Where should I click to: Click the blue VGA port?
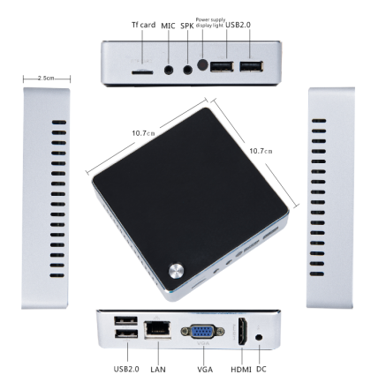click(x=202, y=332)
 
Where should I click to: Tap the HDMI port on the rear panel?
click(x=242, y=332)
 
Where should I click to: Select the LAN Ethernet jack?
click(x=157, y=330)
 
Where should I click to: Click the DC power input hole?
click(x=259, y=337)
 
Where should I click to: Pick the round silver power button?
click(x=176, y=271)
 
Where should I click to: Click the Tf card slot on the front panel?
click(x=142, y=71)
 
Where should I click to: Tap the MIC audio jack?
click(x=169, y=70)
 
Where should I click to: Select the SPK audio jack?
click(x=187, y=70)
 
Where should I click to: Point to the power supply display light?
click(x=202, y=64)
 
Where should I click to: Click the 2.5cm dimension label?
click(x=46, y=79)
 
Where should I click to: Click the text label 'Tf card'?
click(x=143, y=25)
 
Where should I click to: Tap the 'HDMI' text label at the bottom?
click(x=241, y=370)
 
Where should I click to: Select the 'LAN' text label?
click(x=158, y=370)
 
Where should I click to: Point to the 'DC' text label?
click(x=261, y=369)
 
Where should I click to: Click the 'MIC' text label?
click(x=168, y=26)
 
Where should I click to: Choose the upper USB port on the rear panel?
click(x=125, y=320)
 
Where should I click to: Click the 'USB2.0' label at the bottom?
click(x=126, y=369)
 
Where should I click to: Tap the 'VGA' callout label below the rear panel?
click(x=205, y=370)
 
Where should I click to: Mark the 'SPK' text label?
click(x=187, y=26)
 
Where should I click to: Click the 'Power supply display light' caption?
click(x=211, y=23)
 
